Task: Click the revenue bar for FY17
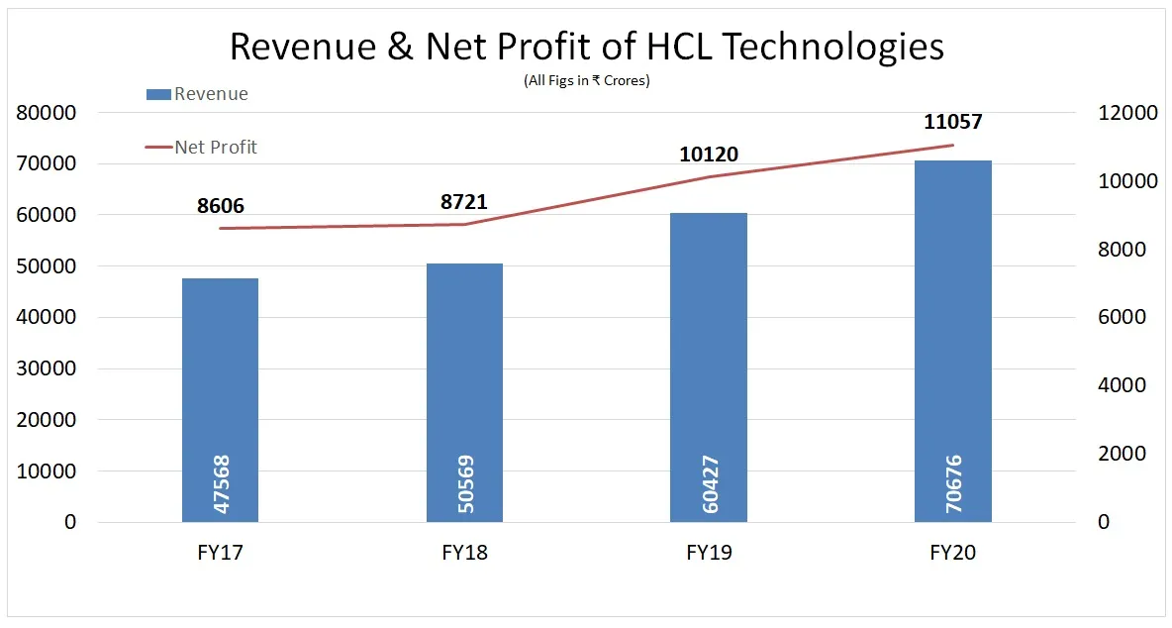[x=220, y=396]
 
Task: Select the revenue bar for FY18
[x=464, y=391]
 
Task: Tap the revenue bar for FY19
[x=709, y=366]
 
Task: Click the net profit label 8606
[x=221, y=206]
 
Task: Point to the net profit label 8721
[x=464, y=202]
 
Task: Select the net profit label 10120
[x=709, y=155]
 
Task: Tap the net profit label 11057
[x=952, y=123]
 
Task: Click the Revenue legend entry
[x=197, y=94]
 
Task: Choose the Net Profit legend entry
[x=202, y=147]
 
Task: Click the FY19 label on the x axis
[x=709, y=553]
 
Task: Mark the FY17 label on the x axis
[x=221, y=553]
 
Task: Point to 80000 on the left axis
[x=47, y=113]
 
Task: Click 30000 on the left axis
[x=47, y=368]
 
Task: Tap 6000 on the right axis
[x=1123, y=317]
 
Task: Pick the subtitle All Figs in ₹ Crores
[x=586, y=81]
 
